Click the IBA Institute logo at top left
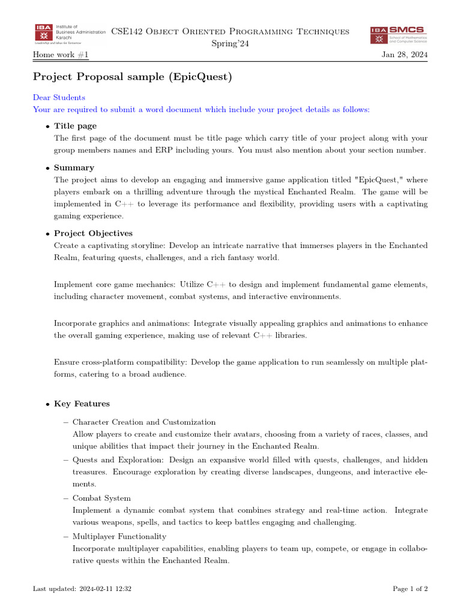[69, 34]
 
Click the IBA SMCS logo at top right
[398, 34]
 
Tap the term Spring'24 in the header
[230, 43]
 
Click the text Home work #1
[60, 56]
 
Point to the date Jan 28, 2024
[405, 56]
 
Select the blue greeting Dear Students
[59, 97]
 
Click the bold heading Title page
[75, 126]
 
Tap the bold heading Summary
[74, 168]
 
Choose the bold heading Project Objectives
[93, 233]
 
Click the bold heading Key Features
[82, 404]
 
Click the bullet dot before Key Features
[47, 404]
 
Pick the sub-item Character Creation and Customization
[144, 422]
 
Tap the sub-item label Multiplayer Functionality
[119, 536]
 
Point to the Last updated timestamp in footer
[82, 589]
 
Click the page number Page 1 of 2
[410, 589]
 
